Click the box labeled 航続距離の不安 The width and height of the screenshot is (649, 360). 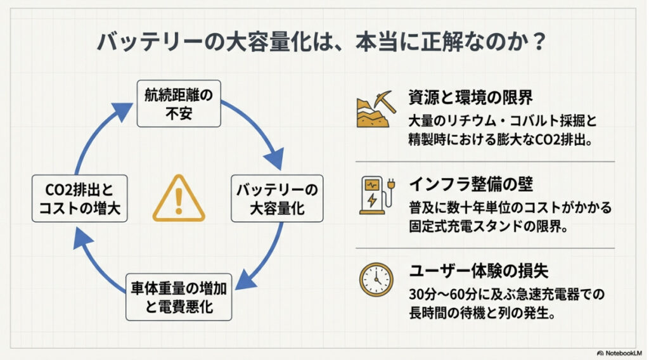(x=179, y=103)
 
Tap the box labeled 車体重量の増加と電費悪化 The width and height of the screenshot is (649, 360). (x=178, y=298)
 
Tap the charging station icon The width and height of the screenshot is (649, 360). (x=375, y=192)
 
